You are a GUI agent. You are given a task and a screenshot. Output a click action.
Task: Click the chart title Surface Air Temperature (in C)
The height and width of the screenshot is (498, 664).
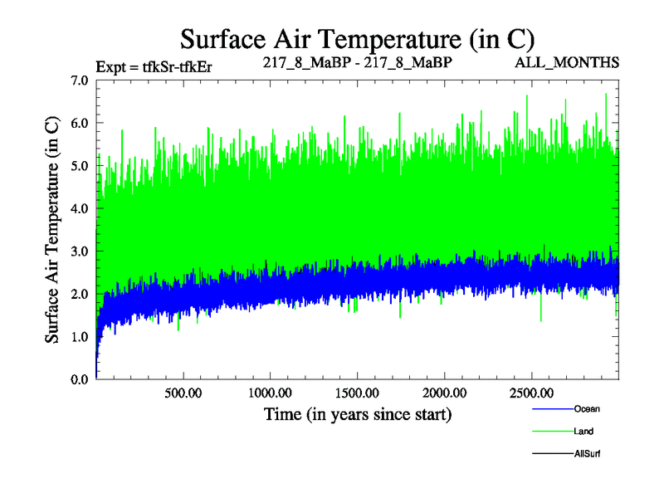[358, 39]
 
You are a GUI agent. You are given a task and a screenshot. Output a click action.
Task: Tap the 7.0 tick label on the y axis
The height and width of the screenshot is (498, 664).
[81, 81]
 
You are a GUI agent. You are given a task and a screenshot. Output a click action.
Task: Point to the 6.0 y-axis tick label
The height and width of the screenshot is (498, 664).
[81, 123]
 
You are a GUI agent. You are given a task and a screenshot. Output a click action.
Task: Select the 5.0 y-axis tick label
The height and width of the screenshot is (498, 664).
[81, 166]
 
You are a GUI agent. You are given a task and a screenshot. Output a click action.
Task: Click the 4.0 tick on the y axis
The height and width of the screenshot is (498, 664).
[81, 208]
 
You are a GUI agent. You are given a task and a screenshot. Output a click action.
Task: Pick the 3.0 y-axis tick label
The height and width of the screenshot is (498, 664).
[81, 251]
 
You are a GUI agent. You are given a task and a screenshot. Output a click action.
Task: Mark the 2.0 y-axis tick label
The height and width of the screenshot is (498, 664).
[81, 294]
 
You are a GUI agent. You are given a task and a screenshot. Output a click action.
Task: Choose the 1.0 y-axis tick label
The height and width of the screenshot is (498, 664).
[81, 337]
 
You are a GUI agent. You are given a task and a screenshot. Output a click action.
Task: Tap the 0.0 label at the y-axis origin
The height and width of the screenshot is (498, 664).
[81, 379]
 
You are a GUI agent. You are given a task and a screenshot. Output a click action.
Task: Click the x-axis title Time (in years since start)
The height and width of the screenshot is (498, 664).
[358, 413]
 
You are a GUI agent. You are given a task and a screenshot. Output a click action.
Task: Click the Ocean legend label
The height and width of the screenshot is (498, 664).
[587, 408]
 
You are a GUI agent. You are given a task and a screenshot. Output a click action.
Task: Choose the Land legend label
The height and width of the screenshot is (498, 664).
[583, 432]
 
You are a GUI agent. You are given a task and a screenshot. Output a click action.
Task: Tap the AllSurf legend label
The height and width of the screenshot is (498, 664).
[587, 454]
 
